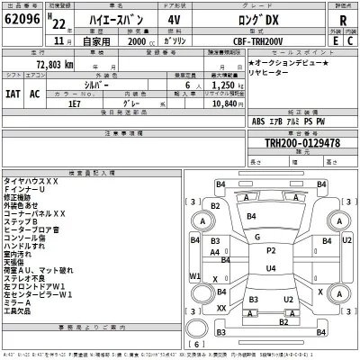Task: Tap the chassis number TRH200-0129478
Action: (x=301, y=143)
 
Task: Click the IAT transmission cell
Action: (x=13, y=93)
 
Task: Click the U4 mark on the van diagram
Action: (x=270, y=268)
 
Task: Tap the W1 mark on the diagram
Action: (x=194, y=276)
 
